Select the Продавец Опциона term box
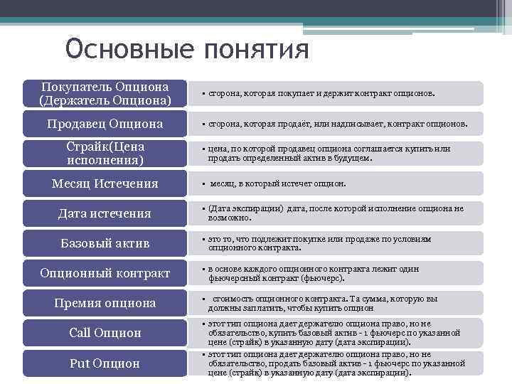(x=105, y=124)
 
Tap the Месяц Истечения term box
(x=105, y=183)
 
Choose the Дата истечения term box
(x=105, y=213)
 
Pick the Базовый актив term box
(x=105, y=243)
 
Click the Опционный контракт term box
(x=105, y=273)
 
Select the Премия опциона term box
(x=105, y=303)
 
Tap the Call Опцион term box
(x=105, y=333)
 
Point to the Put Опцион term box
(x=105, y=363)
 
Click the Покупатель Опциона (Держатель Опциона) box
(x=105, y=93)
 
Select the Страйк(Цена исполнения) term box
(x=105, y=153)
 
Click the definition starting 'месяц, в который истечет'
(x=277, y=183)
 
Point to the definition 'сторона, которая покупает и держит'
(x=321, y=93)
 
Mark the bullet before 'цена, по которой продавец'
(x=203, y=149)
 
